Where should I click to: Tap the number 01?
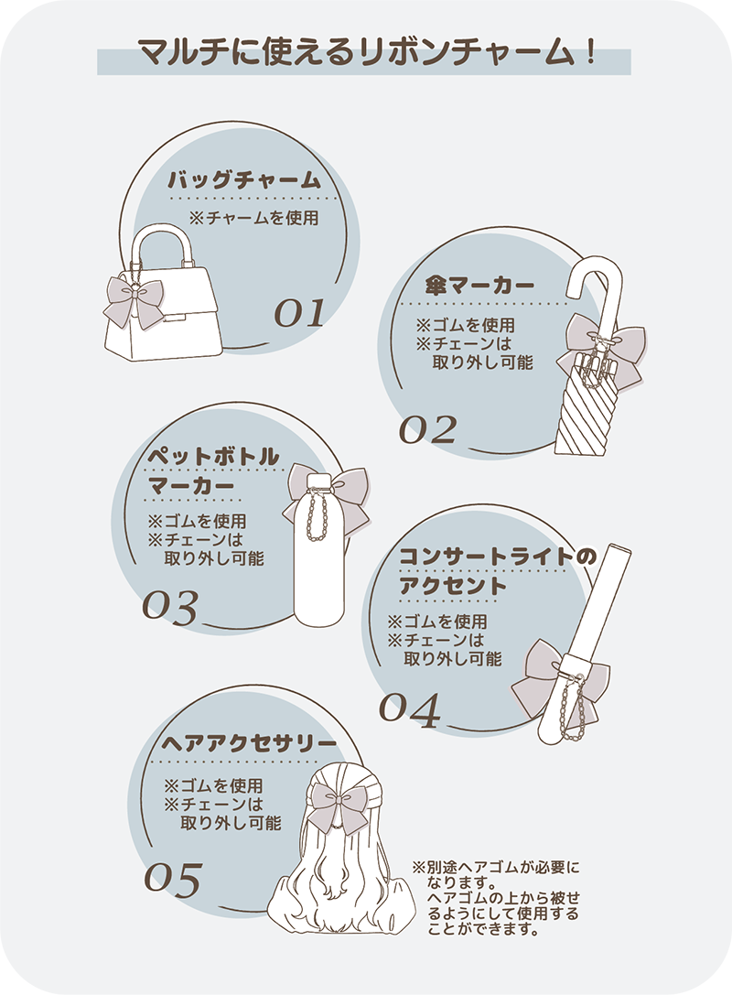299,312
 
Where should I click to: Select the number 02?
427,429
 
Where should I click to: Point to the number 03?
169,607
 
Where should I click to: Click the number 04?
410,709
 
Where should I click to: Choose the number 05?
173,880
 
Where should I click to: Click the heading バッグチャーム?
245,180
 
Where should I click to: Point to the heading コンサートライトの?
498,557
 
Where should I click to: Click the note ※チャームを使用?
253,218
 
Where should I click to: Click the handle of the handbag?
162,244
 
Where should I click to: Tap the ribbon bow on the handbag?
134,301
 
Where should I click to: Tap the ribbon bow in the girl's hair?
338,806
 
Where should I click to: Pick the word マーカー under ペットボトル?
191,486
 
